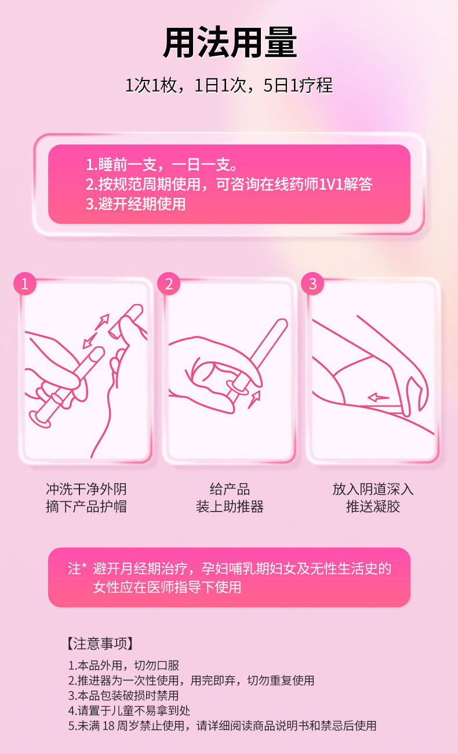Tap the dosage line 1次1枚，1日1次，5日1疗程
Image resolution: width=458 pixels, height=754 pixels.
tap(229, 86)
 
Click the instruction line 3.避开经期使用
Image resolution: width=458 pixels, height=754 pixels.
tap(136, 204)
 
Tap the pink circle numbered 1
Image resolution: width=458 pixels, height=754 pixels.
tap(24, 284)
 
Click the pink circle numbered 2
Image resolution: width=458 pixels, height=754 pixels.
tap(169, 284)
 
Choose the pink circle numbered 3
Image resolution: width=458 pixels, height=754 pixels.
tap(313, 284)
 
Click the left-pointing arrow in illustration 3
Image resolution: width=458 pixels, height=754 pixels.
tap(379, 398)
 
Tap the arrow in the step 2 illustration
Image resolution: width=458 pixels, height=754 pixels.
tap(254, 398)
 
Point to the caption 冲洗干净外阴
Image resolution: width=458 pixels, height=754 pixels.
tap(86, 489)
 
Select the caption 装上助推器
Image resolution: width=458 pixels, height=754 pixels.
tap(230, 507)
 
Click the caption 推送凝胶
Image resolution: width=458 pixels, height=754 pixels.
tap(373, 507)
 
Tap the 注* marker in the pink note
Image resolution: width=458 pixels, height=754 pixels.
tap(77, 568)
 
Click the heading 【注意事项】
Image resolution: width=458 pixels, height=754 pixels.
tap(100, 643)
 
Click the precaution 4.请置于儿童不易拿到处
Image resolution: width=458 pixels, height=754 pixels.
tap(129, 710)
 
